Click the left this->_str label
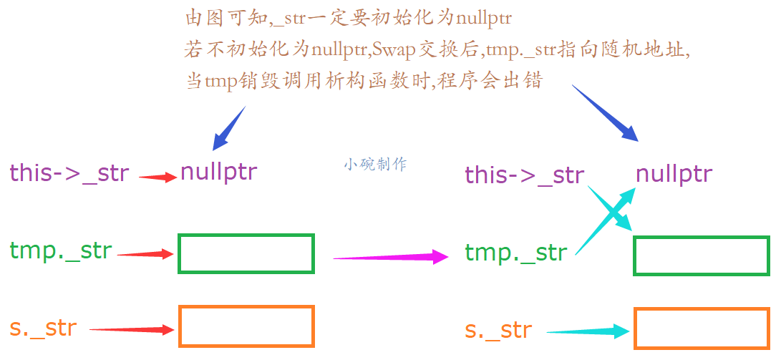69,173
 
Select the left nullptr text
218,172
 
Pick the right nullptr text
674,174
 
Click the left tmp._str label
61,250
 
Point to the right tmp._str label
515,253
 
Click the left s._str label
43,328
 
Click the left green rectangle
246,253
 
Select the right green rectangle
701,256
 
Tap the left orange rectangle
246,326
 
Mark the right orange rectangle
701,329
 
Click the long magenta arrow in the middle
390,256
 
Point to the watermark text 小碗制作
374,164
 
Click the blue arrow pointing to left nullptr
229,128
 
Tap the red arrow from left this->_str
157,177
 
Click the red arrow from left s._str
132,329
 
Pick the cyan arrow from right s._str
587,331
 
